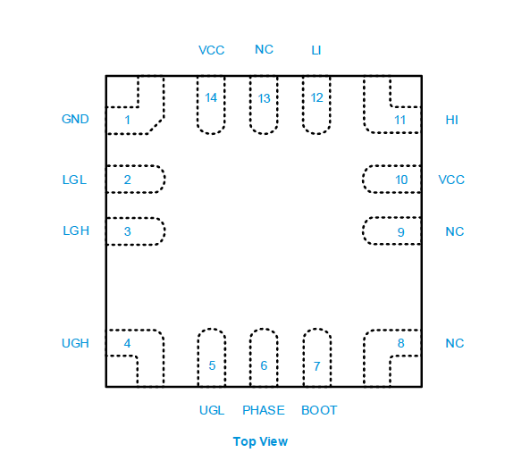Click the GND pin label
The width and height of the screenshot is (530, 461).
click(75, 119)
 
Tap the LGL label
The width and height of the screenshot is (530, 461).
click(74, 180)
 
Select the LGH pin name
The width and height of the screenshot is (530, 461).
click(76, 230)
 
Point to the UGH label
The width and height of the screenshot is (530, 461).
click(75, 343)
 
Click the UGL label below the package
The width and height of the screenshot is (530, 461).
click(212, 410)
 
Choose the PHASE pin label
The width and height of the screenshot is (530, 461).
click(264, 410)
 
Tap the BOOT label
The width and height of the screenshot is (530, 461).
click(319, 410)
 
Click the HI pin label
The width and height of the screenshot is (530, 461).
click(452, 120)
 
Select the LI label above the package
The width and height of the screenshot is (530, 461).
click(316, 50)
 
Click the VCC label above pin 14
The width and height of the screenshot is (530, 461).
click(211, 50)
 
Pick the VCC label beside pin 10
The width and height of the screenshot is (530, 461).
click(451, 180)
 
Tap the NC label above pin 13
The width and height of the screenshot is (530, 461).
click(264, 50)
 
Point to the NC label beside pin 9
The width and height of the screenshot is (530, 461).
click(455, 232)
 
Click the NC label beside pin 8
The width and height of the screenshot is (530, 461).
click(455, 343)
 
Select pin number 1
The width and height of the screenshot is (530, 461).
click(128, 120)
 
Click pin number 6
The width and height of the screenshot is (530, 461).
click(264, 365)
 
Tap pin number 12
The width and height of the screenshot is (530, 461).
click(317, 98)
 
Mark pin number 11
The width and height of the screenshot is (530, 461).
click(400, 120)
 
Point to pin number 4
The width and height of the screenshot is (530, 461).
click(128, 343)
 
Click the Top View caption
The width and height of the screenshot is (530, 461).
click(260, 441)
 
